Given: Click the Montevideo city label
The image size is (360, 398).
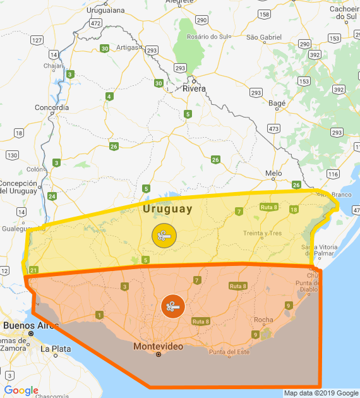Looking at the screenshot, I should pyautogui.click(x=158, y=347).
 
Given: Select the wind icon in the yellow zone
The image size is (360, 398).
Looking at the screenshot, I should pyautogui.click(x=164, y=236).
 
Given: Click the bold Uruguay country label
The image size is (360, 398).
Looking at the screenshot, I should pyautogui.click(x=167, y=208).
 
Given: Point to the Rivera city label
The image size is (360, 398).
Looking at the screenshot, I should pyautogui.click(x=194, y=88).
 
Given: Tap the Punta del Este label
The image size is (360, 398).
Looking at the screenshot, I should pyautogui.click(x=229, y=352).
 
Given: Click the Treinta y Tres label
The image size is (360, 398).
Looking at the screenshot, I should pyautogui.click(x=262, y=233).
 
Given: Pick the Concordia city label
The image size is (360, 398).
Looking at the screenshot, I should pyautogui.click(x=51, y=107).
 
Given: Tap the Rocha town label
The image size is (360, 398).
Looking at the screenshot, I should pyautogui.click(x=263, y=320).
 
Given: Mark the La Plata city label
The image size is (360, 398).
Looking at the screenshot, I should pyautogui.click(x=53, y=349).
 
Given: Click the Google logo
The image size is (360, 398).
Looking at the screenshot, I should pyautogui.click(x=21, y=390).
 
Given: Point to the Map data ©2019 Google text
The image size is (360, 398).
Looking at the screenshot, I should pyautogui.click(x=321, y=393).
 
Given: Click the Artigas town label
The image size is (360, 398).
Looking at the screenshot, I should pyautogui.click(x=126, y=47).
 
